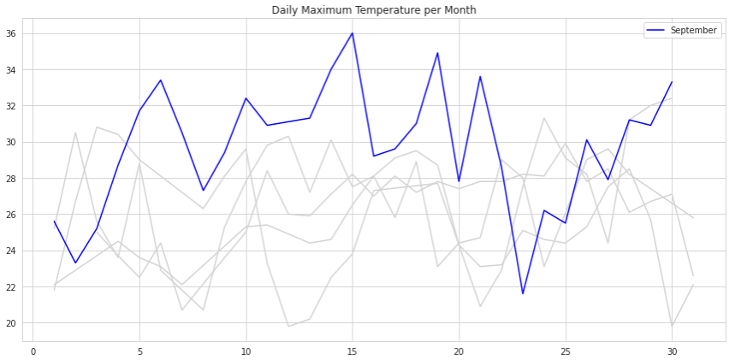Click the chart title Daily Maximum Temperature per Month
pyautogui.click(x=374, y=10)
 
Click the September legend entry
pyautogui.click(x=693, y=31)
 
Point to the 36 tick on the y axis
pyautogui.click(x=17, y=34)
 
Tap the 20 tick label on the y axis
pyautogui.click(x=17, y=323)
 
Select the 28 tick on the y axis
pyautogui.click(x=17, y=179)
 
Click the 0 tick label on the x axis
pyautogui.click(x=33, y=351)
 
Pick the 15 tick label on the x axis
pyautogui.click(x=352, y=351)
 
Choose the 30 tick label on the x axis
pyautogui.click(x=671, y=351)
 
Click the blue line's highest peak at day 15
pyautogui.click(x=352, y=33)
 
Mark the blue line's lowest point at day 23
pyautogui.click(x=522, y=294)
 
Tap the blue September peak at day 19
pyautogui.click(x=437, y=53)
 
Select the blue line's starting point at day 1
pyautogui.click(x=55, y=221)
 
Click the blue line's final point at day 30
pyautogui.click(x=671, y=82)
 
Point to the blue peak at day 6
pyautogui.click(x=161, y=80)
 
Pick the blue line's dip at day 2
pyautogui.click(x=76, y=263)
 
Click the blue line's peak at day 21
pyautogui.click(x=480, y=77)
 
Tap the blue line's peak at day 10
pyautogui.click(x=246, y=98)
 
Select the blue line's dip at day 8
pyautogui.click(x=204, y=191)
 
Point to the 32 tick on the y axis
pyautogui.click(x=17, y=106)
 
